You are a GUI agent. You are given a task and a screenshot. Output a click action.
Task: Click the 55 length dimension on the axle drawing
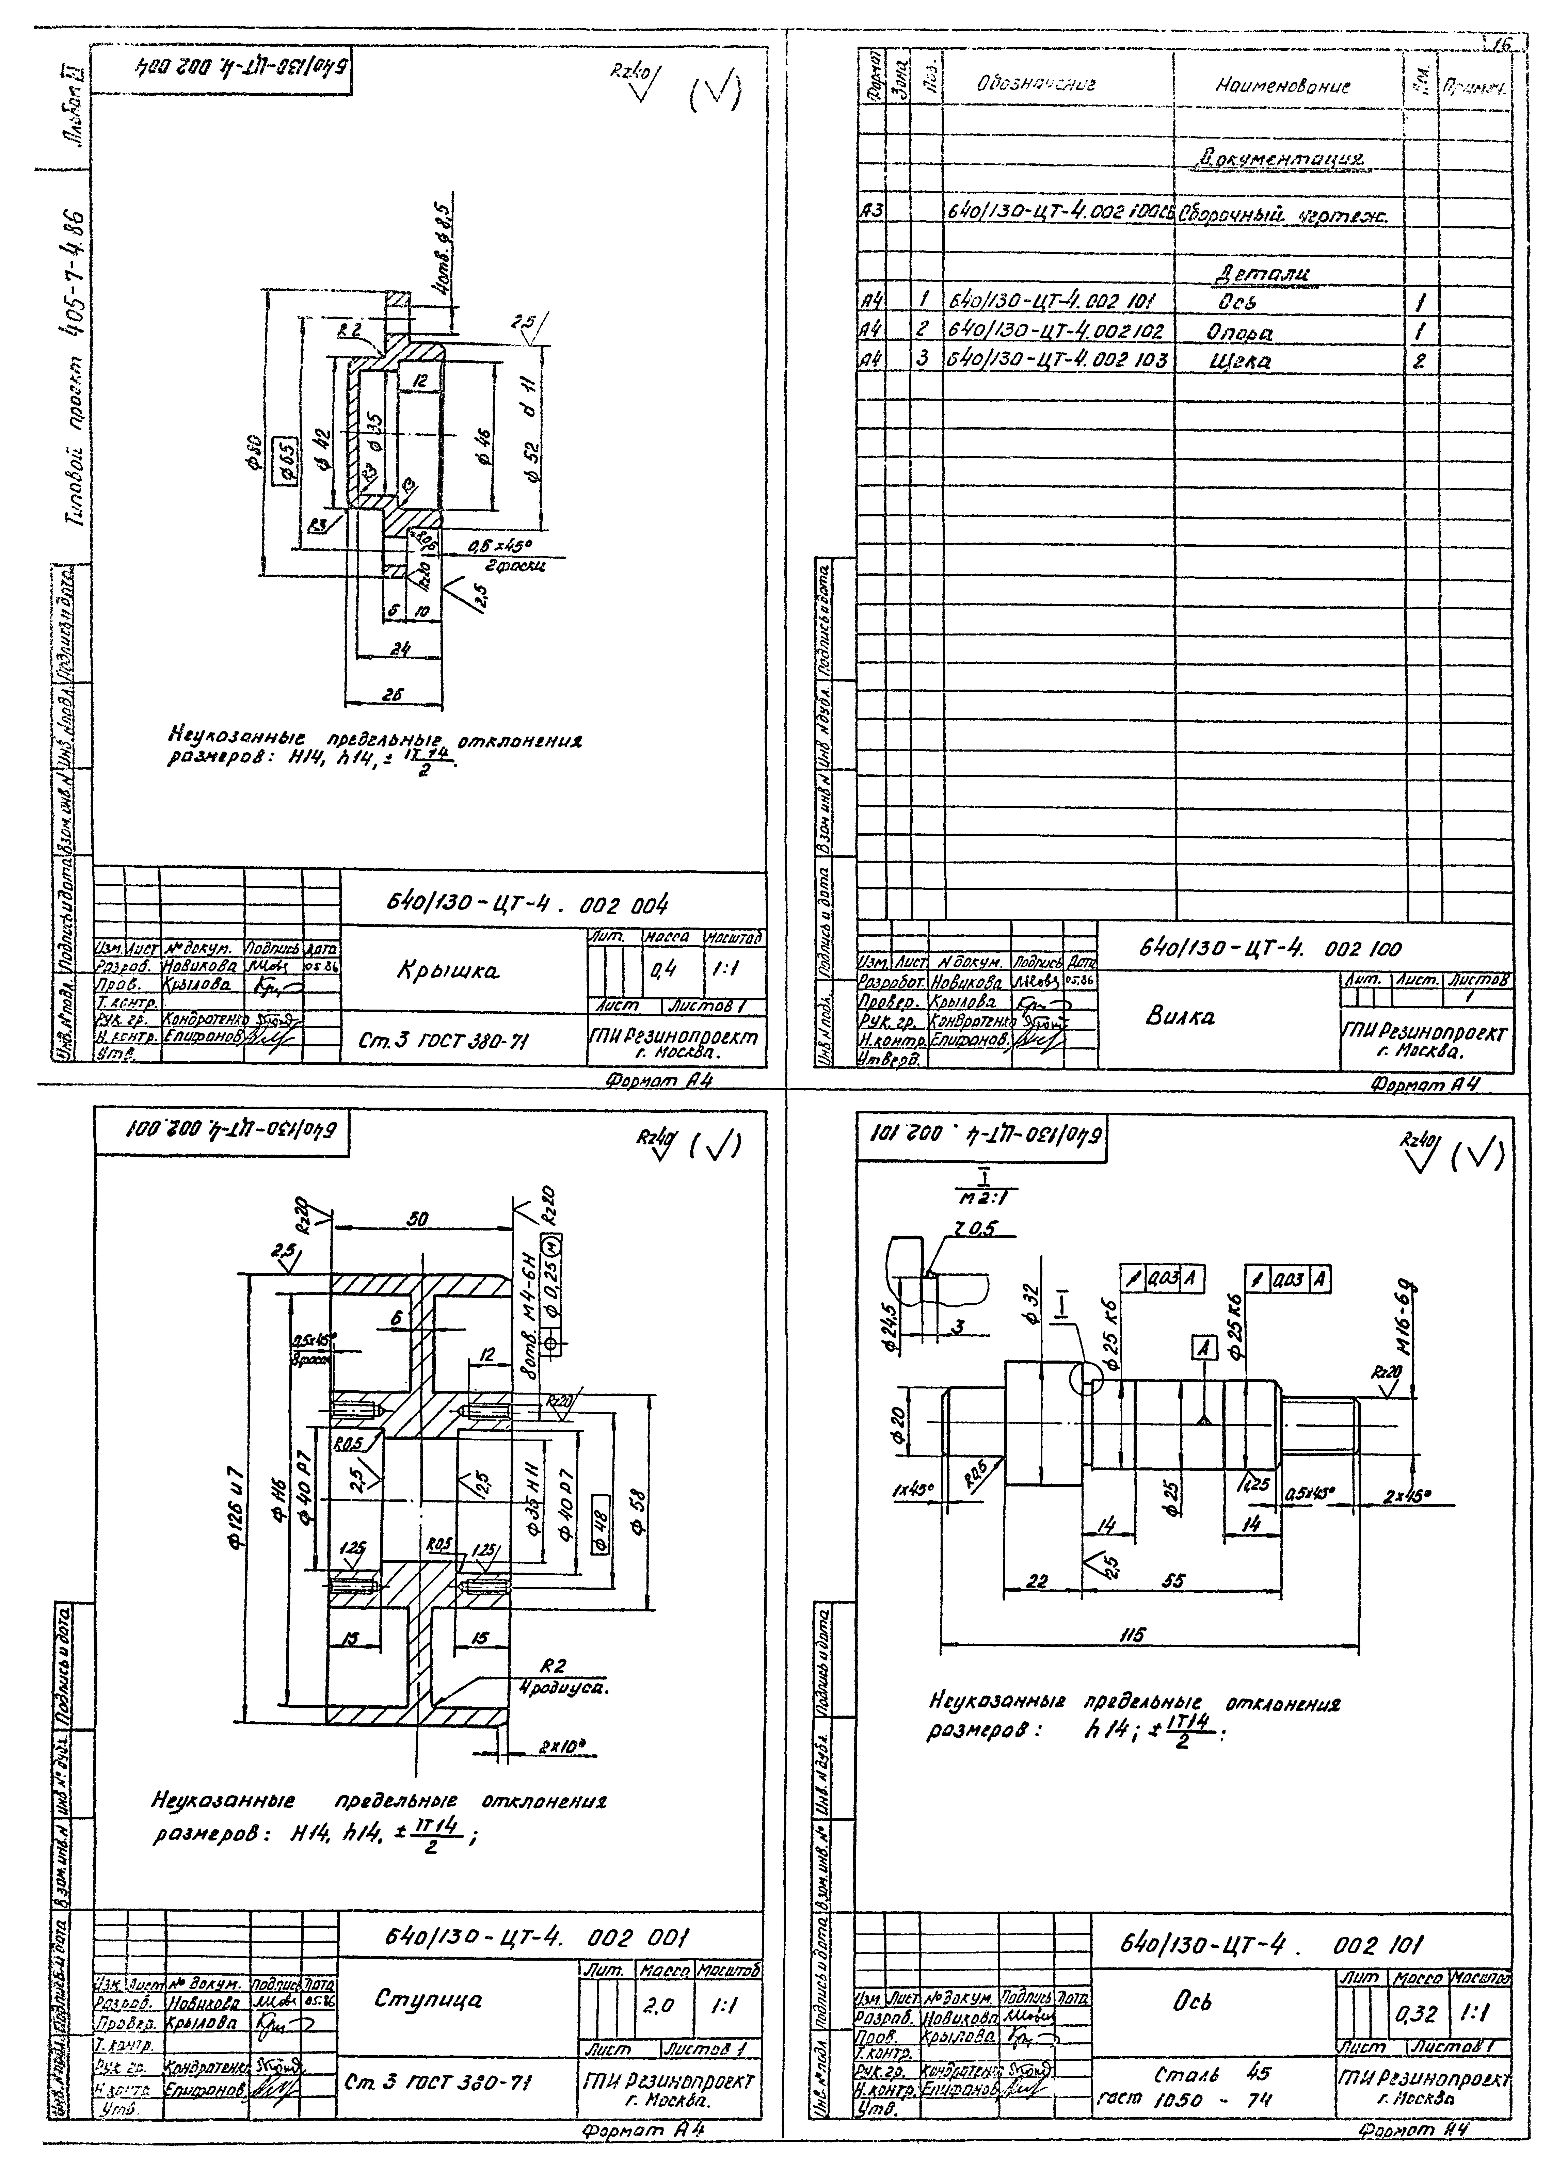pyautogui.click(x=1174, y=1582)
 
